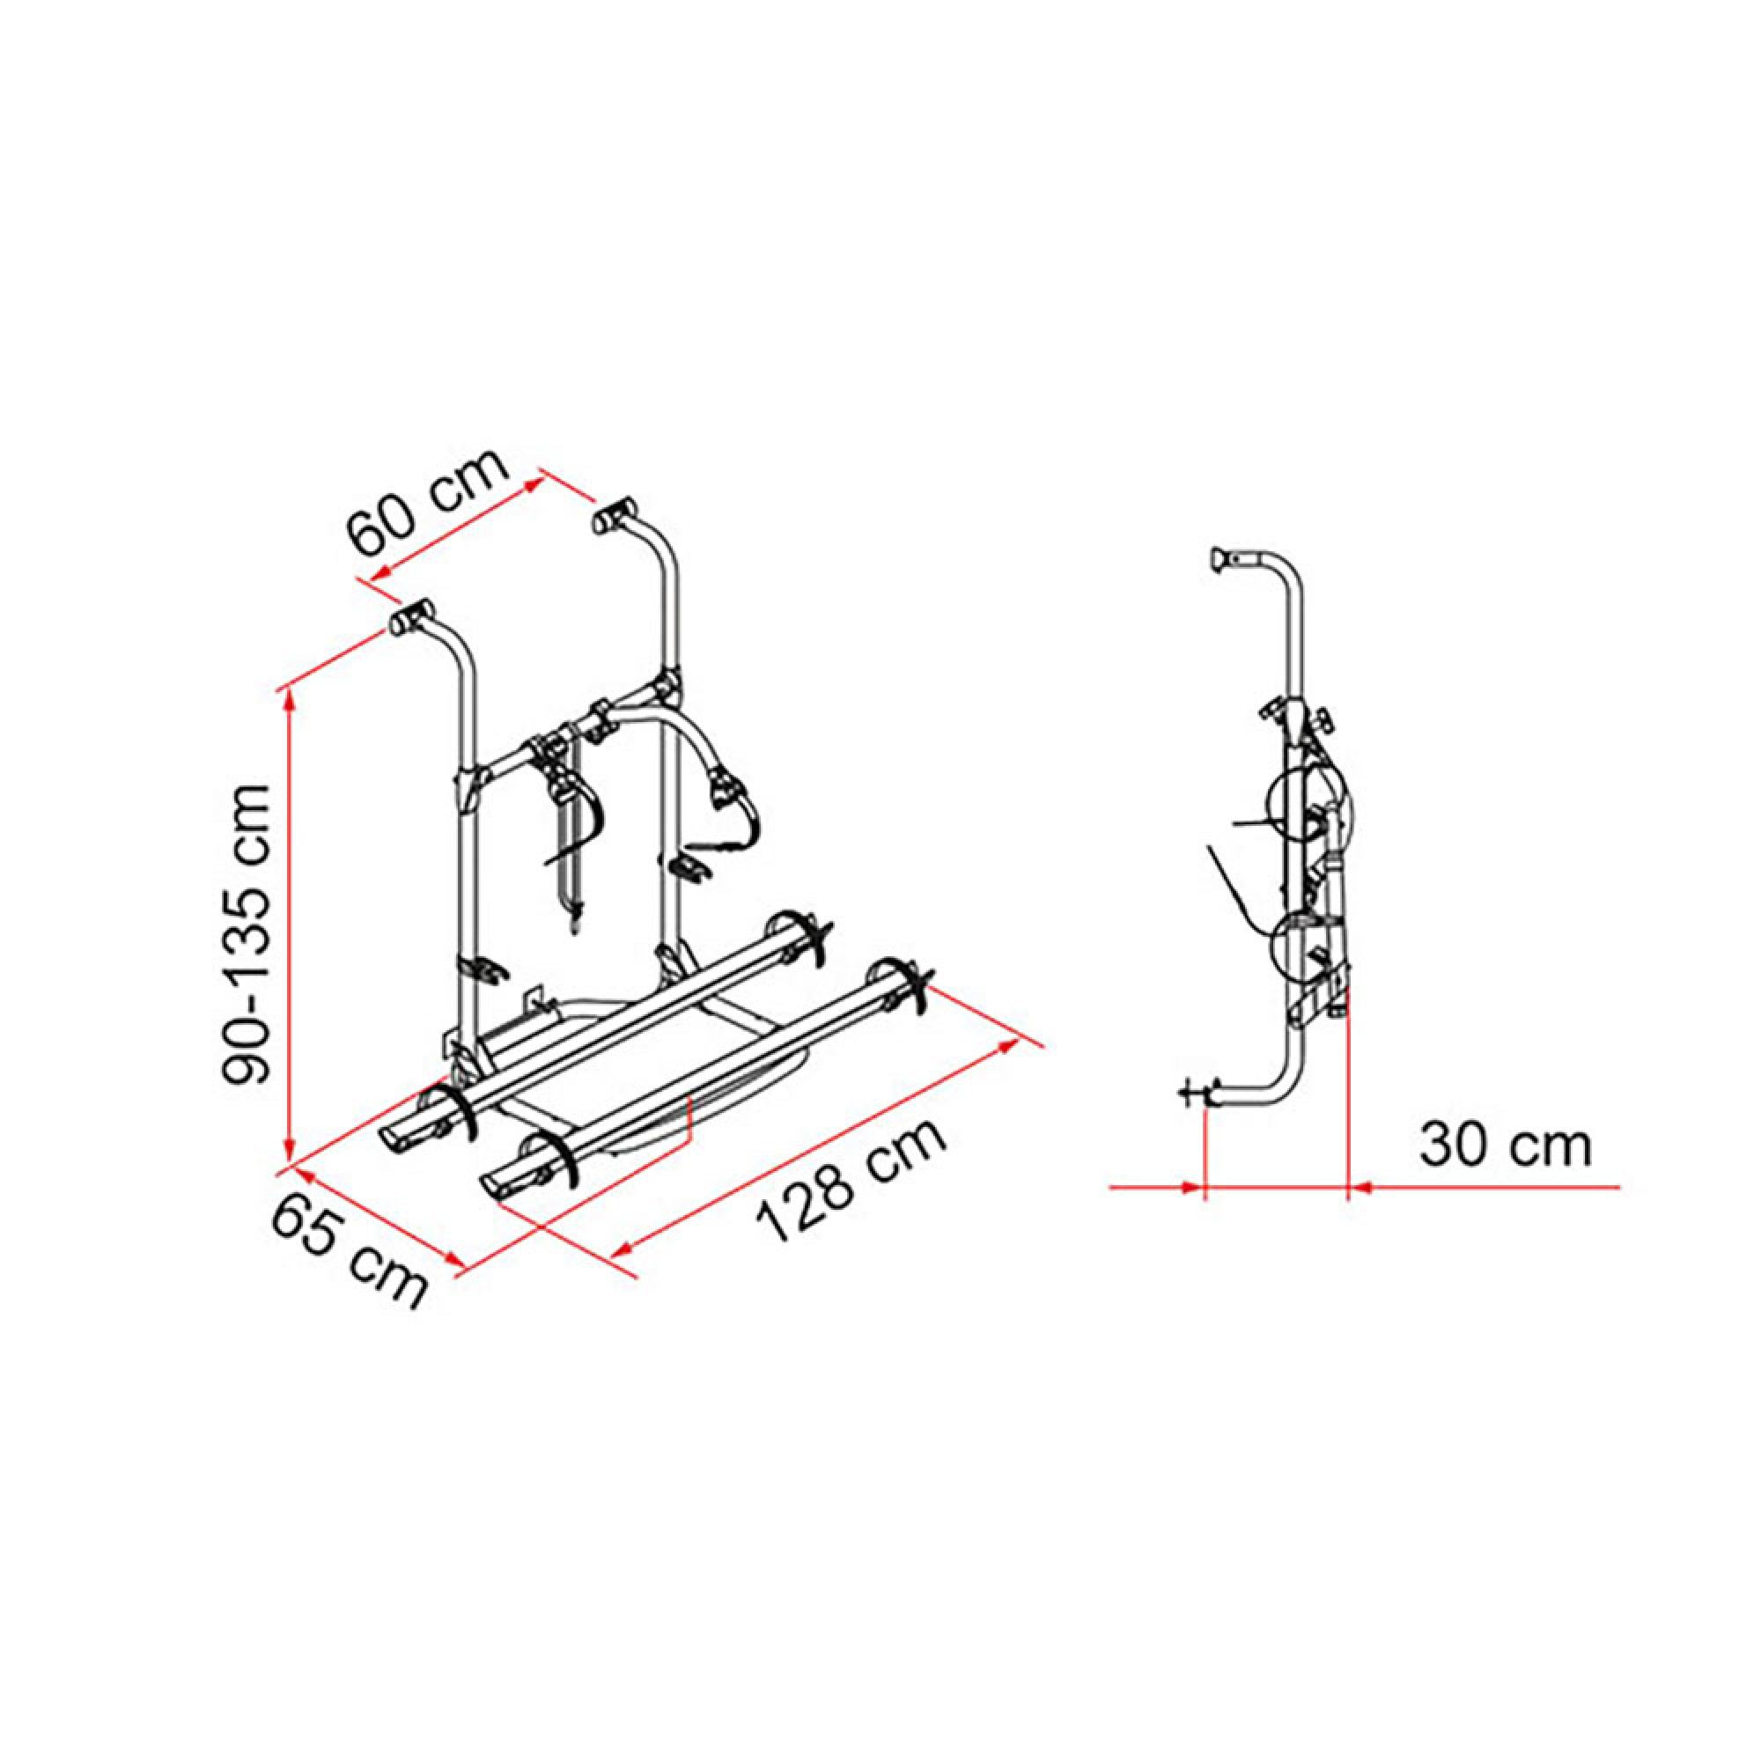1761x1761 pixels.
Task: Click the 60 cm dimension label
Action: pyautogui.click(x=429, y=502)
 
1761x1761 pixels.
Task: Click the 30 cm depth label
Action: pyautogui.click(x=1505, y=1146)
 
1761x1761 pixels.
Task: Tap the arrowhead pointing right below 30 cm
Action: pyautogui.click(x=1190, y=1188)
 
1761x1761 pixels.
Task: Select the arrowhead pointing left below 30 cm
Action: pyautogui.click(x=1360, y=1188)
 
